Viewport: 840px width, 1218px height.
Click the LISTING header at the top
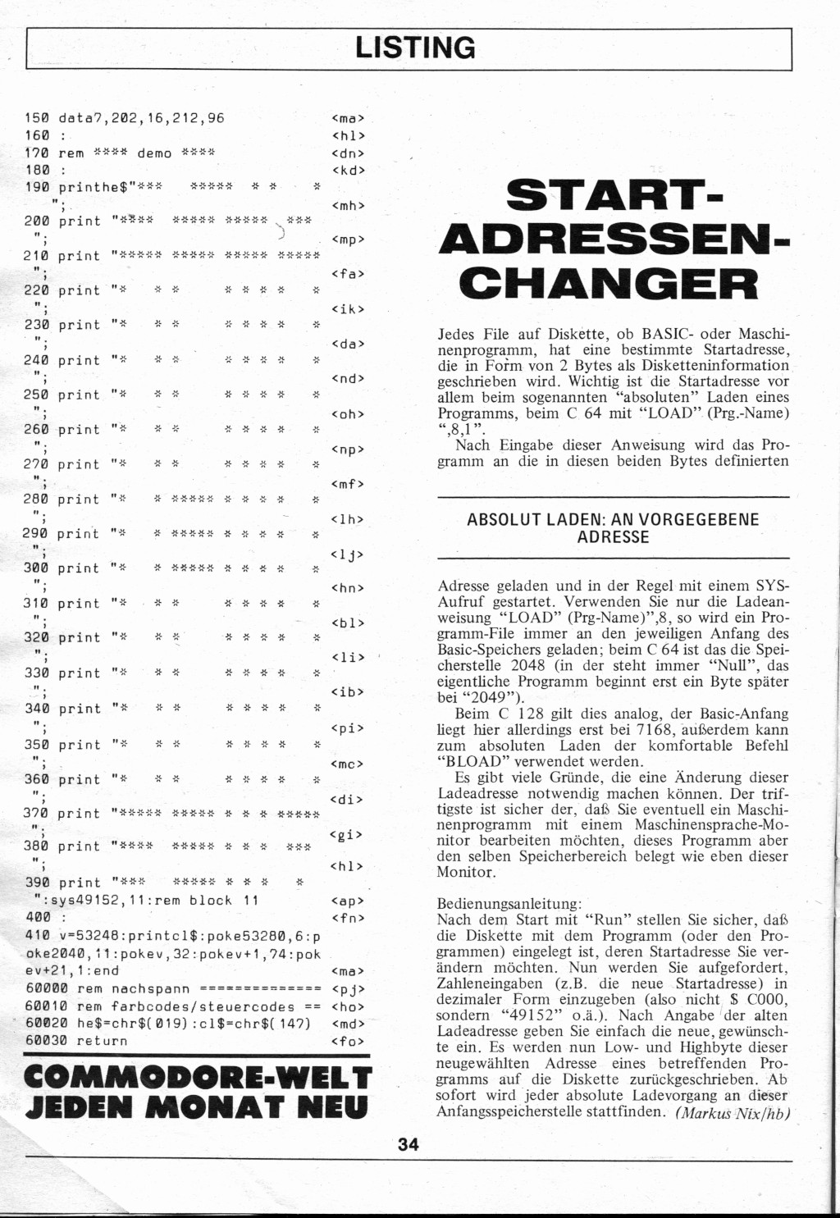point(415,48)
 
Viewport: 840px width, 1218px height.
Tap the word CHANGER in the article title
point(608,284)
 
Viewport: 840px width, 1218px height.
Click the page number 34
point(409,1144)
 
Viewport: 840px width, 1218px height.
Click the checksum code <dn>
point(348,153)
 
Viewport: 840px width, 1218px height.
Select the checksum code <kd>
point(348,171)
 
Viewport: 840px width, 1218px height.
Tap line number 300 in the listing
point(36,568)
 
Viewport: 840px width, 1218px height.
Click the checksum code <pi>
point(348,728)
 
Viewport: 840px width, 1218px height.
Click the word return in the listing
point(103,1041)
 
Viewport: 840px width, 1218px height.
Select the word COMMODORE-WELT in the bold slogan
point(199,1077)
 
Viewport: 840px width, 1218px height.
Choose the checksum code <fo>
point(348,1041)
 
